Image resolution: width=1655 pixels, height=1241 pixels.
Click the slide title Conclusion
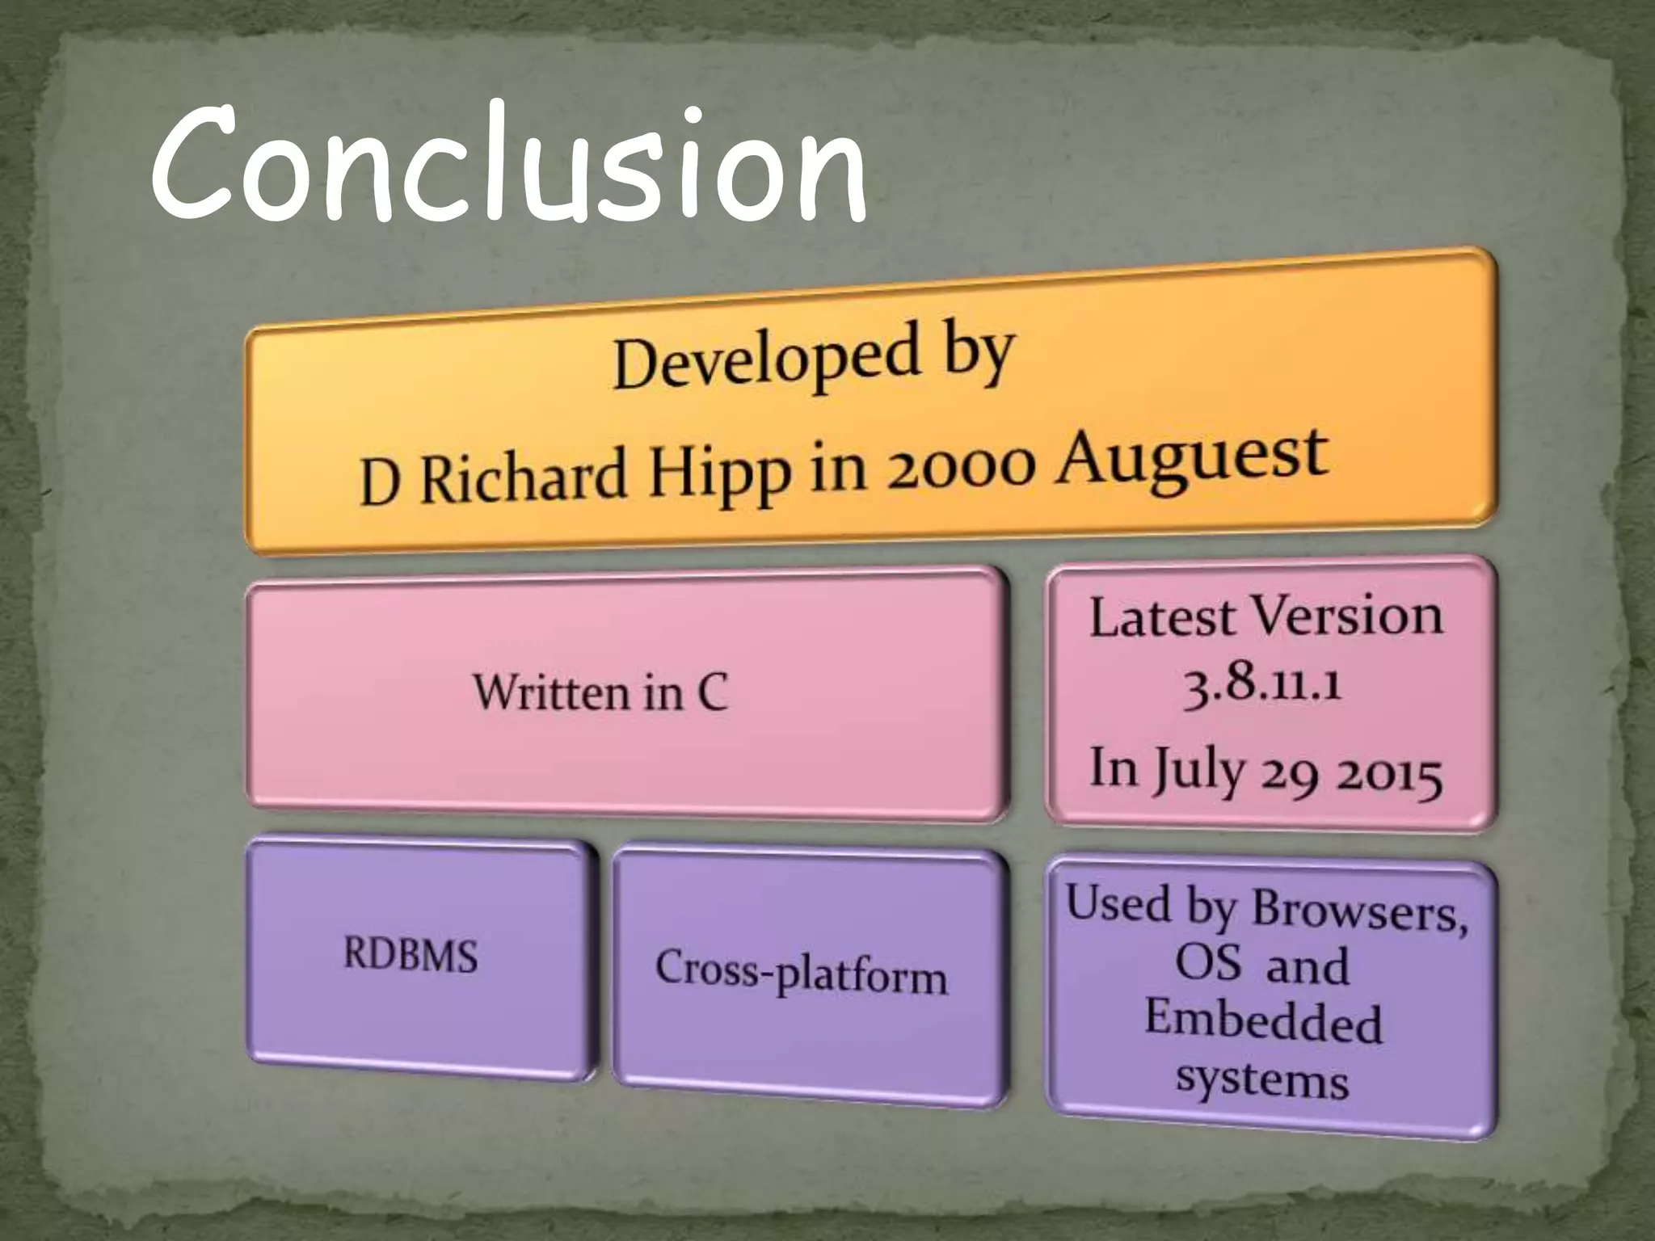coord(507,164)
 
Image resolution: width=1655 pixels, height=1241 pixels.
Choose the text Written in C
coord(600,693)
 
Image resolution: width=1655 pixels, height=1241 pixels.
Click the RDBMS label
coord(411,955)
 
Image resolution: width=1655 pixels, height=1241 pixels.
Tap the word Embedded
coord(1263,1021)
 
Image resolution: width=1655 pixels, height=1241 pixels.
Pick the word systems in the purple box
coord(1261,1079)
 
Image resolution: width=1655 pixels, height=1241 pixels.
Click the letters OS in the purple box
coord(1208,963)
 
